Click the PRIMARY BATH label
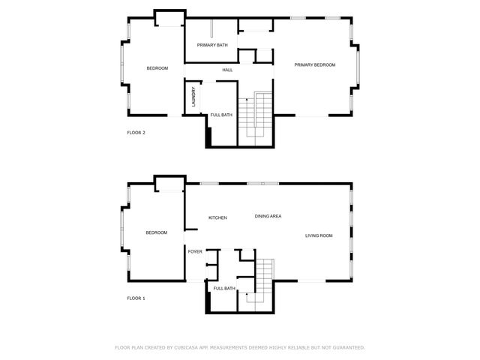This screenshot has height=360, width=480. point(212,46)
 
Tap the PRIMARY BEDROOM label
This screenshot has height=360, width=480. point(314,65)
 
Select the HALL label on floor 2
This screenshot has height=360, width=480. point(227,70)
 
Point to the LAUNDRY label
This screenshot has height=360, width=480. point(193,98)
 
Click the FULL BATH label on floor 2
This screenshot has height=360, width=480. point(221,115)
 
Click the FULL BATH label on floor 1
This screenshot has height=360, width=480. point(224,289)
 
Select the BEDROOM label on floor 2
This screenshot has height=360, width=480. point(157,69)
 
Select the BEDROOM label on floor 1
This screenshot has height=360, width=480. point(157,232)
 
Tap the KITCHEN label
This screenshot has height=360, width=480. point(217,217)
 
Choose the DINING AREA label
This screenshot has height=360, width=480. point(268,216)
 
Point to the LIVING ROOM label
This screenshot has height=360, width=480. point(319,236)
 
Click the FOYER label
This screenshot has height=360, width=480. point(195,251)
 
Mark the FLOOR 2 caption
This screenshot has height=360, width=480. point(136,133)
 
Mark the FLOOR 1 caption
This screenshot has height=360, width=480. point(136,298)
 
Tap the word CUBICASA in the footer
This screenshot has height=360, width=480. point(185,347)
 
